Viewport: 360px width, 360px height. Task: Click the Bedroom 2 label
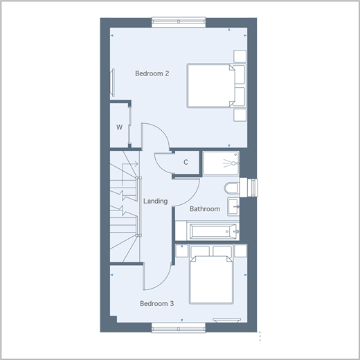pos(152,73)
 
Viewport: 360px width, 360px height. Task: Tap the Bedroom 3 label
pos(157,303)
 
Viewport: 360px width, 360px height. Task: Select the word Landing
pos(156,201)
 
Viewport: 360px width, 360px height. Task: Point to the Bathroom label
pos(205,209)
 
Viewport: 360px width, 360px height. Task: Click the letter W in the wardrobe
pos(119,127)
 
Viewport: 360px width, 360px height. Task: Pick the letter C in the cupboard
pos(186,162)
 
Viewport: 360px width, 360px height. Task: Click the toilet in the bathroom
pos(232,188)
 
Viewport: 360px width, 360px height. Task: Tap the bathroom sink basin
pos(233,206)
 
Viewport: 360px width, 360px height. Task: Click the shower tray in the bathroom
pos(221,163)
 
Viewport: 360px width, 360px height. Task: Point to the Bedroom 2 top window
pos(179,22)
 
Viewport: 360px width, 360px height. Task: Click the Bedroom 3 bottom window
pos(179,327)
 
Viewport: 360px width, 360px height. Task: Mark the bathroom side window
pos(252,188)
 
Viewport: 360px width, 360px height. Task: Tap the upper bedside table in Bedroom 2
pos(240,56)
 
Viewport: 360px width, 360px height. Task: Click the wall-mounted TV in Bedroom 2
pos(113,82)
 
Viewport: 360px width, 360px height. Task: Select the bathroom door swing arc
pos(191,198)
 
